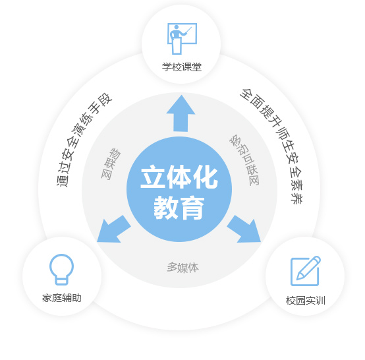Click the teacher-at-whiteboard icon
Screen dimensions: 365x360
182,39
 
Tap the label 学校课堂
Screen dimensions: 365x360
182,67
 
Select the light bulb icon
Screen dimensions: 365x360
61,270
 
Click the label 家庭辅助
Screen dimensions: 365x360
62,298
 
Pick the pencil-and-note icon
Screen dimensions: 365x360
306,271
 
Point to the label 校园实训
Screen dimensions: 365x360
306,301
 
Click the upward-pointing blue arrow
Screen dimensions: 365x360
181,113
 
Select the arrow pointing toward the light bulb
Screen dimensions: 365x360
114,229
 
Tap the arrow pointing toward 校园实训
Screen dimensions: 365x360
244,229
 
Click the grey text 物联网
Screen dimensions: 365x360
111,164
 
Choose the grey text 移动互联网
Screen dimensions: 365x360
244,160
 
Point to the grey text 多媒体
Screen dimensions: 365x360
182,267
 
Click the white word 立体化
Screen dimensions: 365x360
179,177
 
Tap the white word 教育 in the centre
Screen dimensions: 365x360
179,208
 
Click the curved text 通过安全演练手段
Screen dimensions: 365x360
84,140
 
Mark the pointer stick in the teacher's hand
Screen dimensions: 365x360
188,31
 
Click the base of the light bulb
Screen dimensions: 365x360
61,281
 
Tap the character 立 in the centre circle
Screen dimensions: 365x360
153,177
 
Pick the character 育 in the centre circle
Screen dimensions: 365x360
192,208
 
